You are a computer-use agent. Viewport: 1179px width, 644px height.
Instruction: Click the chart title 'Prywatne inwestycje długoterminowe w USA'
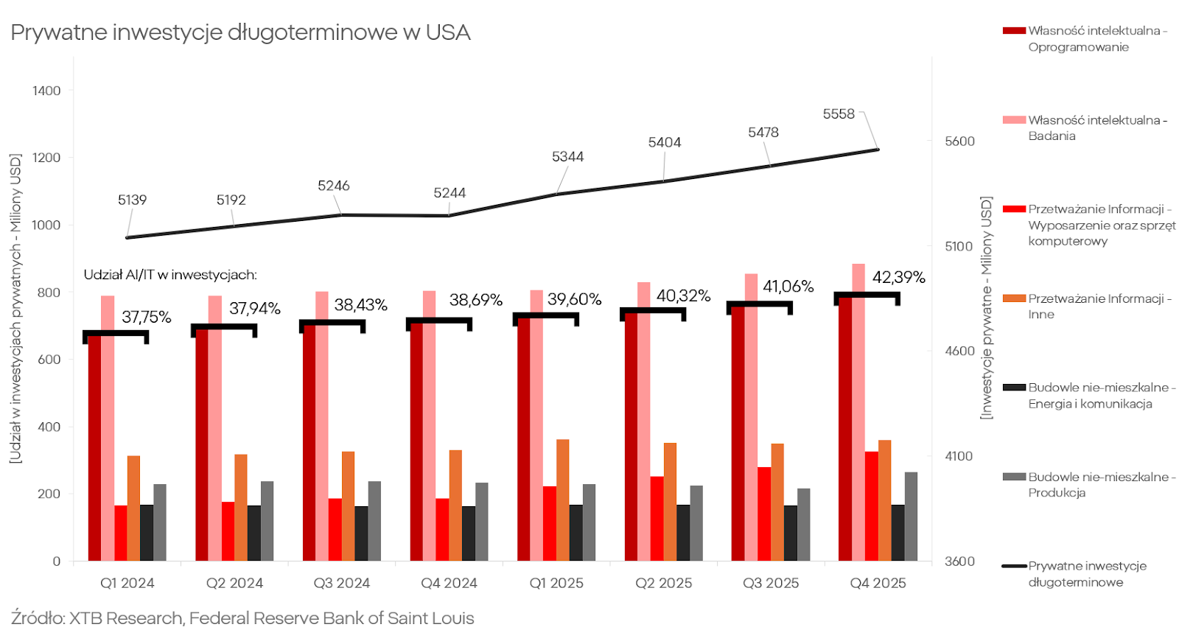tap(240, 32)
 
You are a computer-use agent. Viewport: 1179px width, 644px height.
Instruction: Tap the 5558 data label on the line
tap(839, 114)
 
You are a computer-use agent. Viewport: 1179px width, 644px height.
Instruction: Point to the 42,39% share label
tap(898, 277)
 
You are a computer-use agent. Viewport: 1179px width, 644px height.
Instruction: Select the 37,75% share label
tap(146, 317)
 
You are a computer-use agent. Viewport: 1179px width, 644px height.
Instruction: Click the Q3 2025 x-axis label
tap(771, 583)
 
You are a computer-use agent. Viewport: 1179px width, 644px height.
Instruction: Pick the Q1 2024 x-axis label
tap(127, 583)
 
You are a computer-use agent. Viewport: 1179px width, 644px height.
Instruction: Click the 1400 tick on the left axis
tap(46, 91)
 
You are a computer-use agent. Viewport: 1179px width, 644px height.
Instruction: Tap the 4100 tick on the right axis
tap(959, 456)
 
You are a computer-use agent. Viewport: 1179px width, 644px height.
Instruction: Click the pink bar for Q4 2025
tap(858, 413)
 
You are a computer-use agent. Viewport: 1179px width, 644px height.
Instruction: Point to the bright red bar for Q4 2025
tap(872, 506)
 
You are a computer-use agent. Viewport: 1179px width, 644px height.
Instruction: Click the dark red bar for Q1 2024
tap(94, 449)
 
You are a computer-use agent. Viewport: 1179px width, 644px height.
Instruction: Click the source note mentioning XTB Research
tap(242, 618)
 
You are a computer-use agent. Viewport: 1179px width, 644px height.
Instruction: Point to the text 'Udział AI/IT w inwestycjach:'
tap(170, 275)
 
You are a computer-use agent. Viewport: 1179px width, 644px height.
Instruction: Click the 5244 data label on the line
tap(449, 193)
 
